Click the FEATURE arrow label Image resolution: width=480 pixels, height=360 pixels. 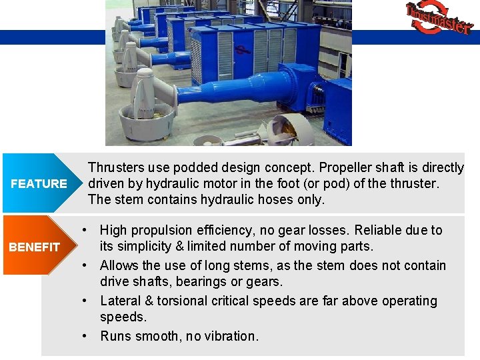tap(39, 184)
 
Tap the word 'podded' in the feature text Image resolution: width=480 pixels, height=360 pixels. tap(183, 167)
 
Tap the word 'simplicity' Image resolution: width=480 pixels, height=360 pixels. tap(148, 247)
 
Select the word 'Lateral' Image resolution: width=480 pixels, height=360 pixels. tap(122, 301)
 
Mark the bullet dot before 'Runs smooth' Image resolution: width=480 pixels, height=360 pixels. tap(85, 335)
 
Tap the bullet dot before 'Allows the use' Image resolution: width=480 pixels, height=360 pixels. tap(85, 265)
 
